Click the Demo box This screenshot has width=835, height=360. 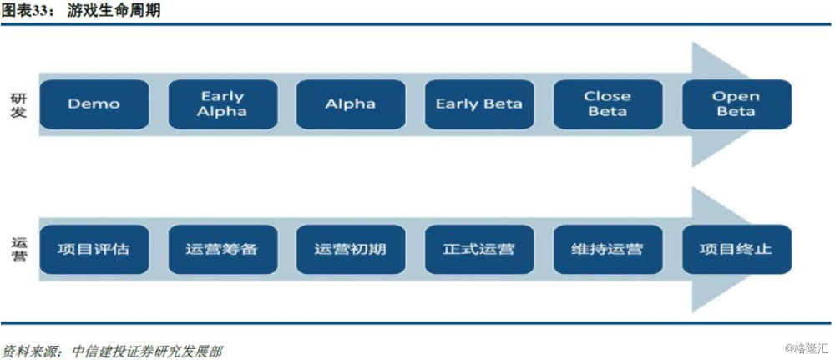click(94, 104)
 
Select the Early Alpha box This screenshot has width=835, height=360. click(223, 104)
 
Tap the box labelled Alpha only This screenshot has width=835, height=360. click(351, 104)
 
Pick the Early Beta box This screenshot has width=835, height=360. click(479, 104)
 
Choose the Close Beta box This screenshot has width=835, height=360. click(608, 104)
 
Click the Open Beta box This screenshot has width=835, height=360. click(736, 104)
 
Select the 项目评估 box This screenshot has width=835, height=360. click(94, 249)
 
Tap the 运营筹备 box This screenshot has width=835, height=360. click(223, 249)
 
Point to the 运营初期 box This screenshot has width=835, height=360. click(351, 249)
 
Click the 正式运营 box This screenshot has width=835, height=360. click(479, 249)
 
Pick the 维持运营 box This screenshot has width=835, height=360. click(608, 249)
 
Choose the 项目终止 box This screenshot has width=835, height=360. click(736, 249)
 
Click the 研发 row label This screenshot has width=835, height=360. click(18, 105)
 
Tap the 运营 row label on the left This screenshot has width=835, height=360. click(18, 250)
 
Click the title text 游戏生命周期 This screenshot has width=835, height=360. click(114, 11)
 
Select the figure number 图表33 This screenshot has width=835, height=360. click(26, 11)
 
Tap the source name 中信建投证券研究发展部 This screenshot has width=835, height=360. click(146, 351)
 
